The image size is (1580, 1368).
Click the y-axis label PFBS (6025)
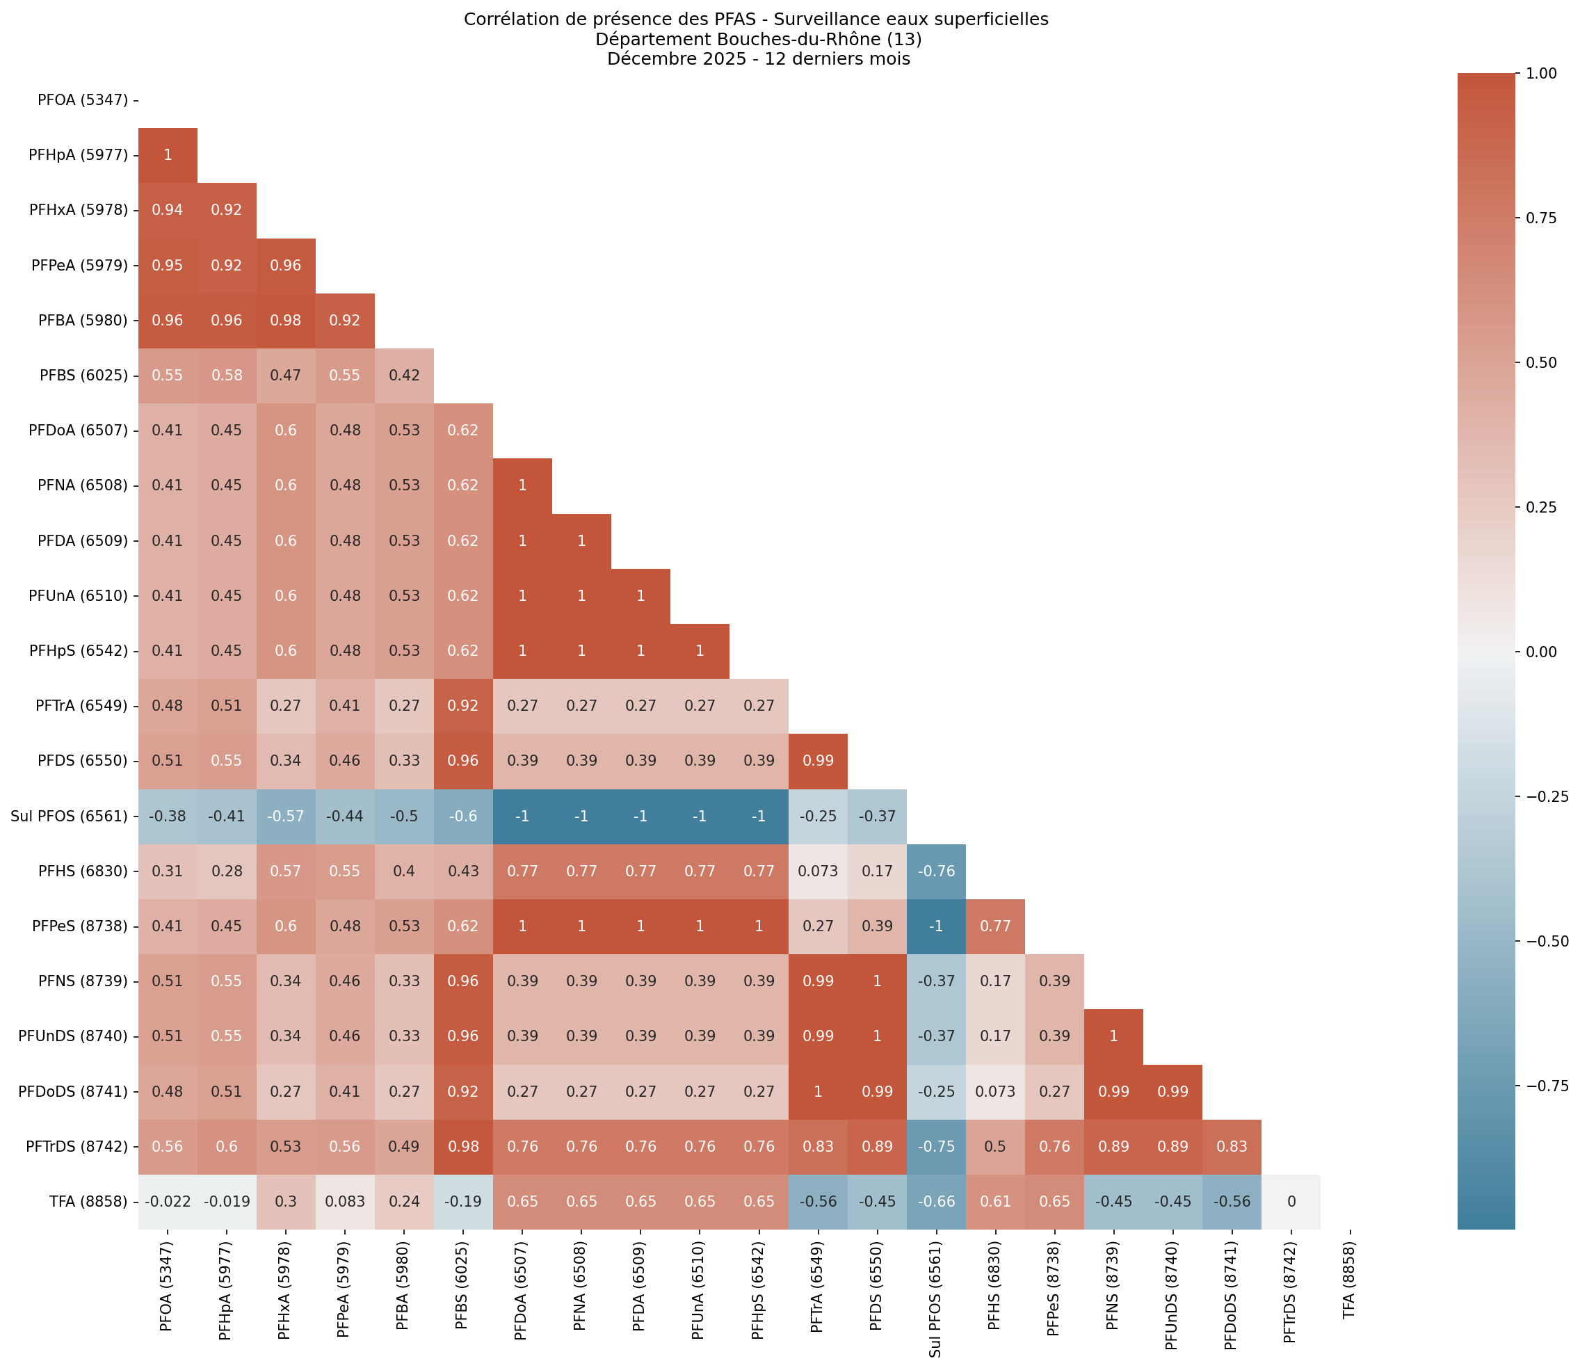tap(84, 376)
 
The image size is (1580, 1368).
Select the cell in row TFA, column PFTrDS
tap(1290, 1202)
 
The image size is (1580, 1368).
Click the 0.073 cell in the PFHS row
tap(818, 871)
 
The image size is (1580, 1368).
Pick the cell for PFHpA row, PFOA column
tap(167, 155)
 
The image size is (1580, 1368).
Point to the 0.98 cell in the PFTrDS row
tap(463, 1147)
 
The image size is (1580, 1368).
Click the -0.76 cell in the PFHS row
tap(936, 871)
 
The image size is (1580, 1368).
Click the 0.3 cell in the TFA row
tap(285, 1202)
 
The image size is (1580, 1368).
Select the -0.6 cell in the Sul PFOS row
tap(463, 816)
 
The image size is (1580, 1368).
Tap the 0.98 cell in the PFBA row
tap(285, 321)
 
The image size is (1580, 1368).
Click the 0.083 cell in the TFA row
tap(345, 1202)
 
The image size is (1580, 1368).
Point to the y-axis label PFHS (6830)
tap(84, 871)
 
